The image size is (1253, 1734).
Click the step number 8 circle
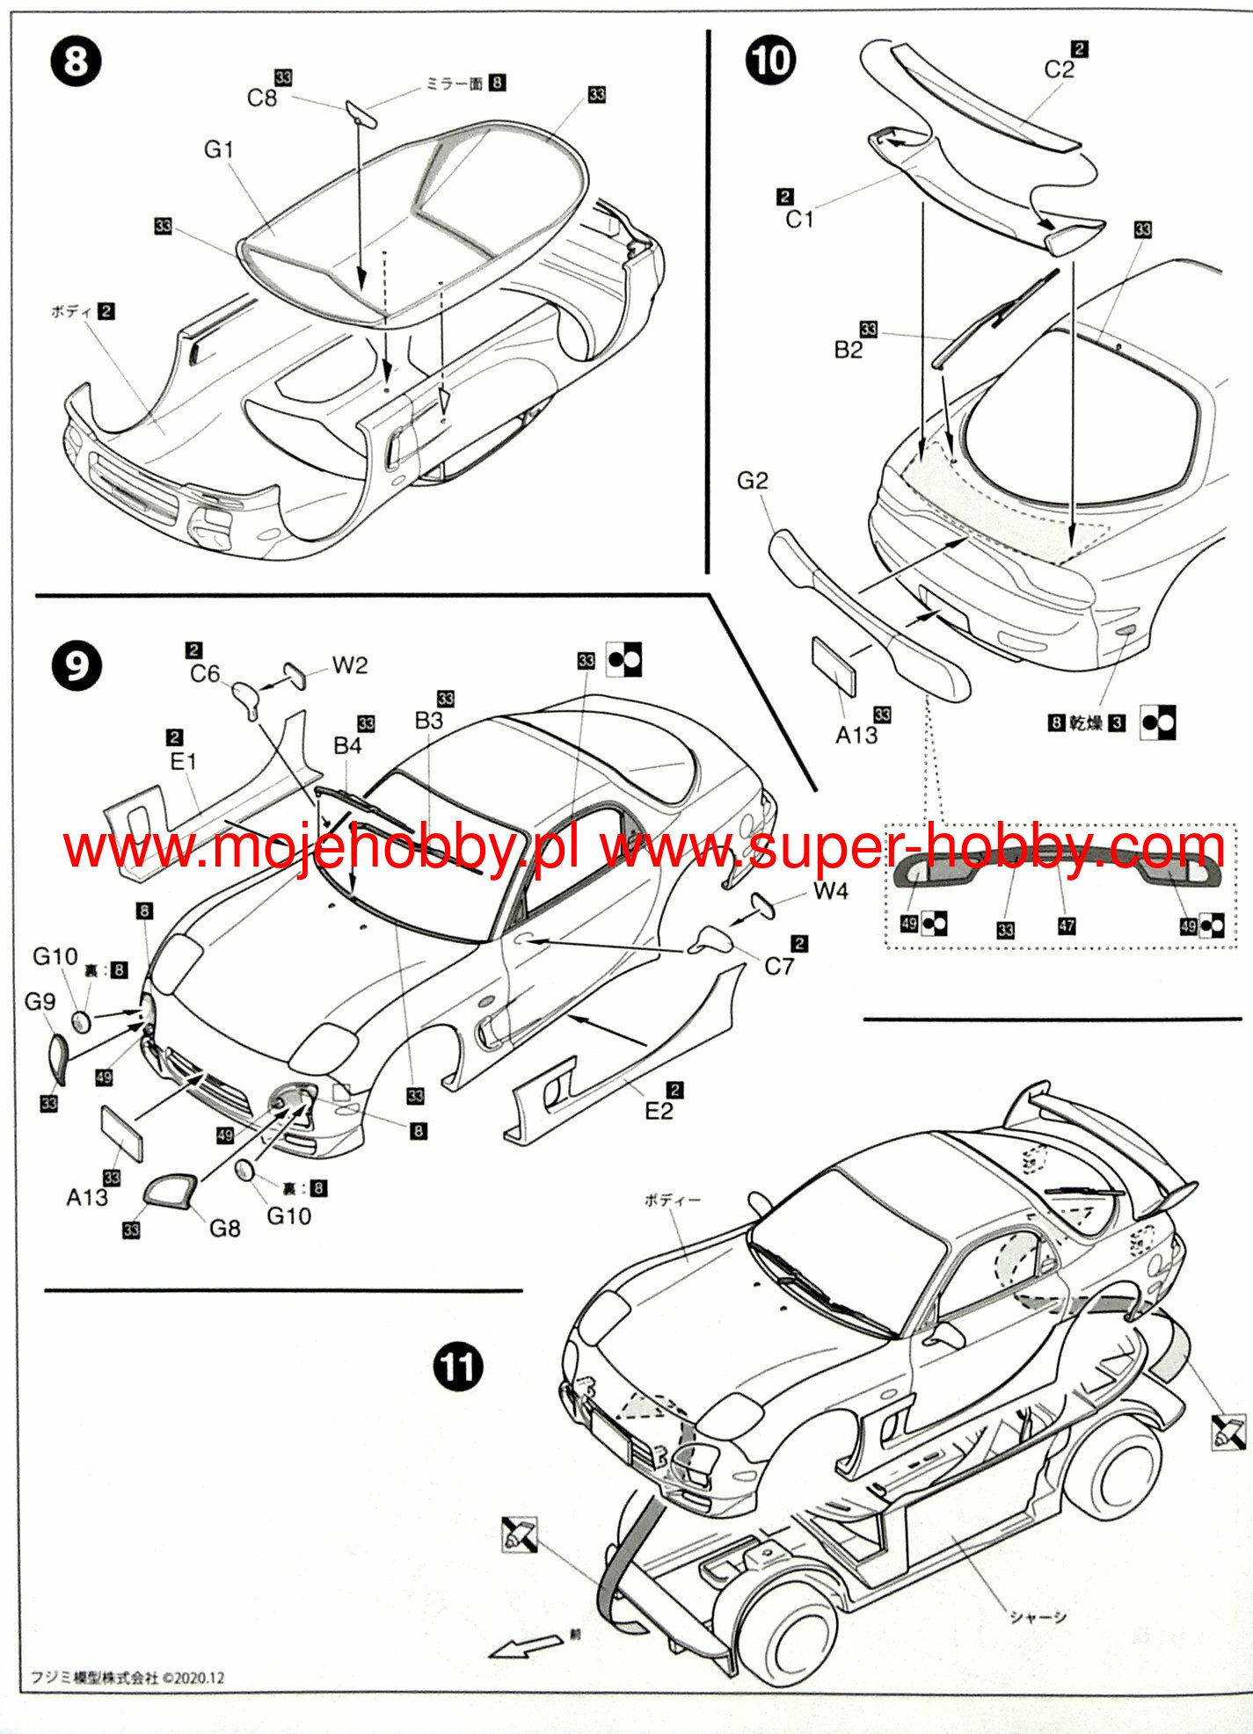coord(76,62)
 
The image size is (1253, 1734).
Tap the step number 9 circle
coord(76,666)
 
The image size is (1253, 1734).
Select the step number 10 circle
coord(770,61)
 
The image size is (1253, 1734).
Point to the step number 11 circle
coord(458,1368)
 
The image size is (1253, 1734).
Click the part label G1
coord(218,150)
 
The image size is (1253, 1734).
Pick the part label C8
coord(261,98)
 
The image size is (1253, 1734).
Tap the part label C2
coord(1059,69)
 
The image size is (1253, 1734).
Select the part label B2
coord(849,350)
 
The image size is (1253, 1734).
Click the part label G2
coord(753,481)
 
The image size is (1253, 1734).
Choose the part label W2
coord(349,665)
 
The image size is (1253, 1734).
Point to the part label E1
coord(183,761)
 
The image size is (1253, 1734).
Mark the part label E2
coord(659,1112)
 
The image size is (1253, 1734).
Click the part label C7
coord(779,967)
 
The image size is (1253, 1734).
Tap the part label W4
coord(830,891)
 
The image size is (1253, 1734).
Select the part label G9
coord(40,1001)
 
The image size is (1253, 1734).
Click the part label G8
coord(224,1228)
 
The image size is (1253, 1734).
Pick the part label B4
coord(347,745)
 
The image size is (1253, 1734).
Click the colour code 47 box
coord(1067,925)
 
